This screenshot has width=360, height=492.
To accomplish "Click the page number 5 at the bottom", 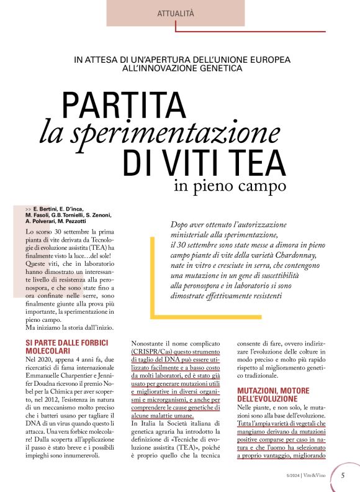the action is [343, 476].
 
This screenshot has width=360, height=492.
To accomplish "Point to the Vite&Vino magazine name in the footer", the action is [318, 476].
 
